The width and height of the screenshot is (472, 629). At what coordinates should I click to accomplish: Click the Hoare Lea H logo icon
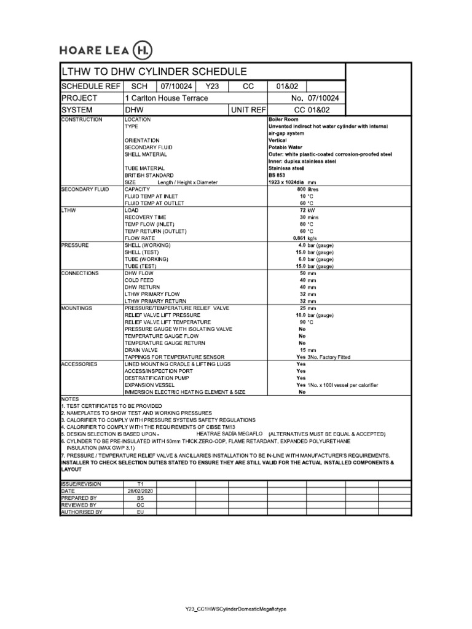point(142,50)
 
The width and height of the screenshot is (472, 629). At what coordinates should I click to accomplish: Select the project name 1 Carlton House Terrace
point(167,98)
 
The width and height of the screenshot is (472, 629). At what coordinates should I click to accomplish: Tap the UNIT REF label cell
point(248,110)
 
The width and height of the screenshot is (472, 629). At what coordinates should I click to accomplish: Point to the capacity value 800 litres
point(309,190)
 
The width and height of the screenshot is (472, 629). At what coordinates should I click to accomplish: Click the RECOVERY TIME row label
point(146,217)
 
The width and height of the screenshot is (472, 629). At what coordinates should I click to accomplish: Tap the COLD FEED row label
point(140,280)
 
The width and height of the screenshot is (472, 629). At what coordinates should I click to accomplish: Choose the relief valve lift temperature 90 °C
point(307,322)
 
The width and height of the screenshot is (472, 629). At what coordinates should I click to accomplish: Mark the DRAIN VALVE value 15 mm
point(308,350)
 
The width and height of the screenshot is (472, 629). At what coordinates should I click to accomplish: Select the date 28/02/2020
point(140,491)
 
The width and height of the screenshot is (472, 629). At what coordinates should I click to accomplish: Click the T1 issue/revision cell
point(140,484)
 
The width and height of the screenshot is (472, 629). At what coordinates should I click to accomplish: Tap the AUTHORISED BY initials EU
point(140,511)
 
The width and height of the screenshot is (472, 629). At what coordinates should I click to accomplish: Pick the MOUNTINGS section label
point(77,308)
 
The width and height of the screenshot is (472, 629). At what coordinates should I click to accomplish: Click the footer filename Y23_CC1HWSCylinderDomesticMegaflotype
point(236,609)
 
